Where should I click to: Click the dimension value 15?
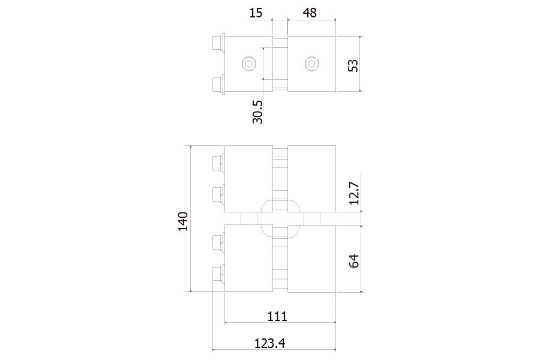[256, 13]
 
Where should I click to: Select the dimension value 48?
[310, 13]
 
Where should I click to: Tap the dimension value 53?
[353, 65]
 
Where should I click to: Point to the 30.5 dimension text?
[257, 112]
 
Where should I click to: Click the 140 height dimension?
[183, 221]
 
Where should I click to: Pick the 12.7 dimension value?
[354, 193]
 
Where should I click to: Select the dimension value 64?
[354, 261]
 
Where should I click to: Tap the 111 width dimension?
[277, 316]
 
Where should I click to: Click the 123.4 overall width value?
[269, 343]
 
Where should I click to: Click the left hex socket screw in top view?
[248, 64]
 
